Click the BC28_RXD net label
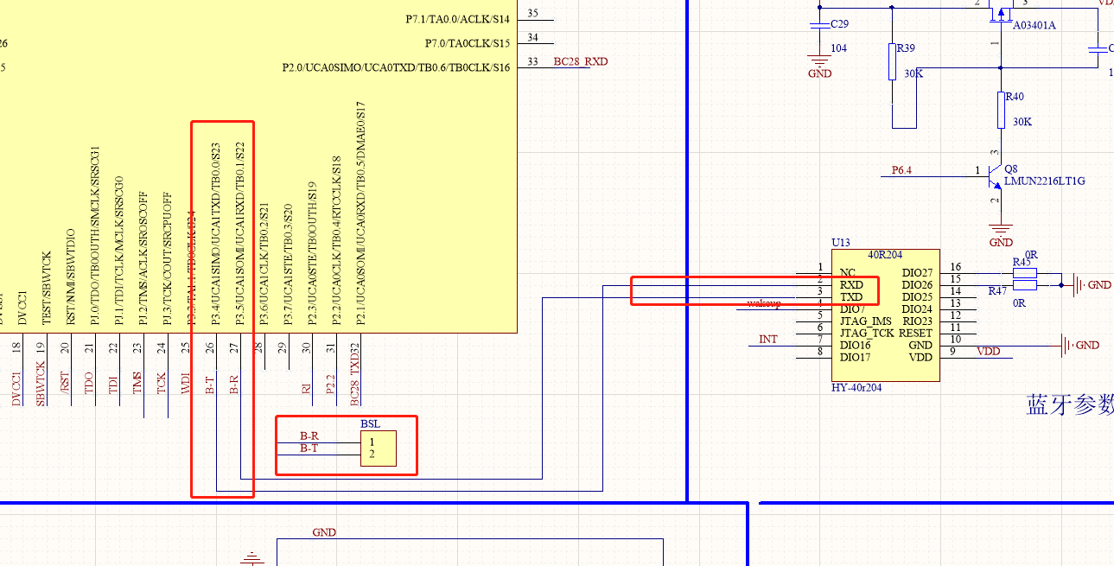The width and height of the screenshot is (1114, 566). tap(580, 62)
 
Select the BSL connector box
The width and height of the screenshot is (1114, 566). tap(379, 448)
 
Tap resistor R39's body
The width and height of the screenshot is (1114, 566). tap(892, 62)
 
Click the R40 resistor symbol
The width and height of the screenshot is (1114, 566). tap(1002, 110)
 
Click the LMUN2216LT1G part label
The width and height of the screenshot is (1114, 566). tap(1044, 181)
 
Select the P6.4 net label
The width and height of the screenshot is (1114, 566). tap(901, 170)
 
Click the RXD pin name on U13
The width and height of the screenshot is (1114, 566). tap(851, 285)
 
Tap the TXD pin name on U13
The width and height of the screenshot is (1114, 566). tap(851, 297)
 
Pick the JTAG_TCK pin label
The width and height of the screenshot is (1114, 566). tap(867, 334)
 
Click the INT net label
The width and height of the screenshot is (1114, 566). tap(767, 339)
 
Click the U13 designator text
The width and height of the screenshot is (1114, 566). tap(841, 243)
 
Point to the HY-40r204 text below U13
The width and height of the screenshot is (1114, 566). tap(856, 388)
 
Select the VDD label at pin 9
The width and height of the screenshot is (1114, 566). tap(988, 351)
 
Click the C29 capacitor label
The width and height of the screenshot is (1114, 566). tap(838, 23)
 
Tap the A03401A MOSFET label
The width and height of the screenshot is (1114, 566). tap(1034, 25)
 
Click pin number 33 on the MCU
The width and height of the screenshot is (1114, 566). tap(532, 61)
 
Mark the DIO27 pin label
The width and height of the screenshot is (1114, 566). tap(917, 273)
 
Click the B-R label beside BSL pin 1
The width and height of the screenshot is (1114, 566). tap(309, 436)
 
